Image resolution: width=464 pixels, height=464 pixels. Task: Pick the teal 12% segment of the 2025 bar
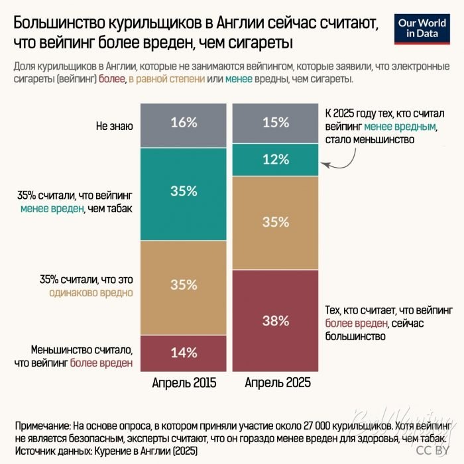pyautogui.click(x=275, y=160)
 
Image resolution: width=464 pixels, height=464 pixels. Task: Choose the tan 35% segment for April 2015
pyautogui.click(x=184, y=285)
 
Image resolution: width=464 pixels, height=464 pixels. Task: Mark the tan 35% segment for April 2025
pyautogui.click(x=275, y=222)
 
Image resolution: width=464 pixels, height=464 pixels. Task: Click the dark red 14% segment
pyautogui.click(x=184, y=352)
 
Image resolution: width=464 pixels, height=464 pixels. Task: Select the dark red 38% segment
pyautogui.click(x=275, y=321)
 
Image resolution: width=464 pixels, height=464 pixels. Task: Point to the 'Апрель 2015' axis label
pyautogui.click(x=184, y=383)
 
